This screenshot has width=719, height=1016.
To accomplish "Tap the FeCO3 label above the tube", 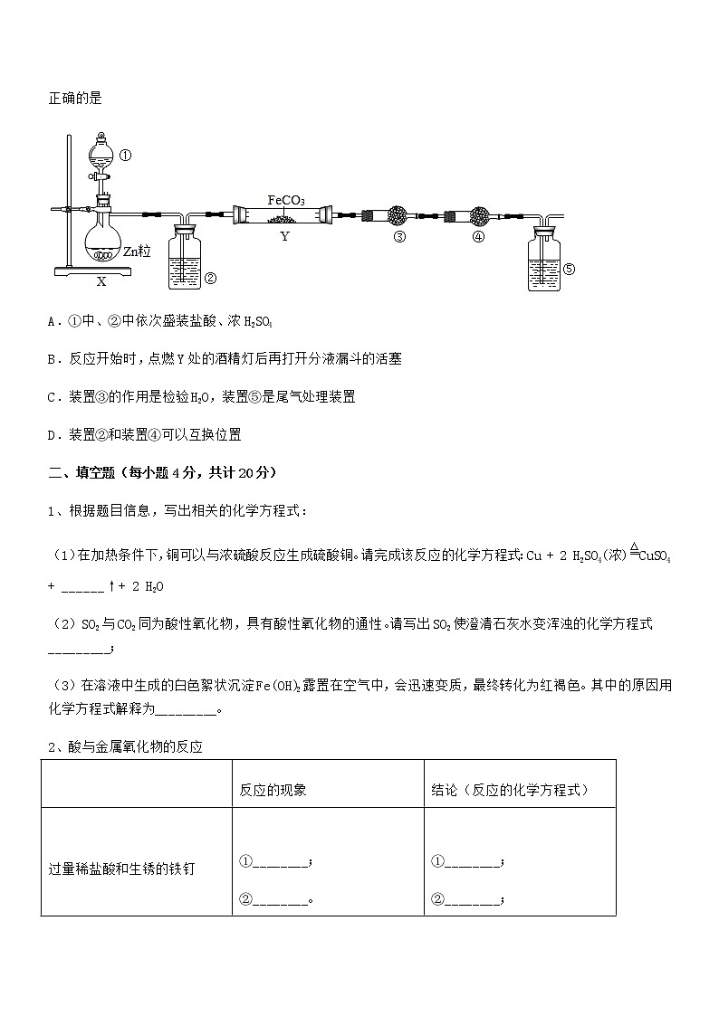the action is coord(286,200).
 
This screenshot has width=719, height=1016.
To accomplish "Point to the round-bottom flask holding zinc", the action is coord(102,242).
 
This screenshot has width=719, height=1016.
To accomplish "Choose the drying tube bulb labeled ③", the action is coord(397,217).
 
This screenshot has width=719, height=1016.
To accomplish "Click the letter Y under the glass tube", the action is coord(284,237).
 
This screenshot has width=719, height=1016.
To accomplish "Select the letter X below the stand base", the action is coord(101,281).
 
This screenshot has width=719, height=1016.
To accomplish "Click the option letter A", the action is coord(53,320).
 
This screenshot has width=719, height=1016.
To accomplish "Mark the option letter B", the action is coord(53,358).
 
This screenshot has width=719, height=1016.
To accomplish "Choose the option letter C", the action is coord(53,396).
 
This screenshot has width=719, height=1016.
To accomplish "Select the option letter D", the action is coord(53,434).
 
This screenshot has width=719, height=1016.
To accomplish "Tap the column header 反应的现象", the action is coord(273,790).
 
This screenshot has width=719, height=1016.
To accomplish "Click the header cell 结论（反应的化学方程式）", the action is coord(510,790).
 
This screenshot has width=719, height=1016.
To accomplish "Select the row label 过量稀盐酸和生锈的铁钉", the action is coord(121,869).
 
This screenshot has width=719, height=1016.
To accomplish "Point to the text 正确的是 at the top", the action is coord(75,99).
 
